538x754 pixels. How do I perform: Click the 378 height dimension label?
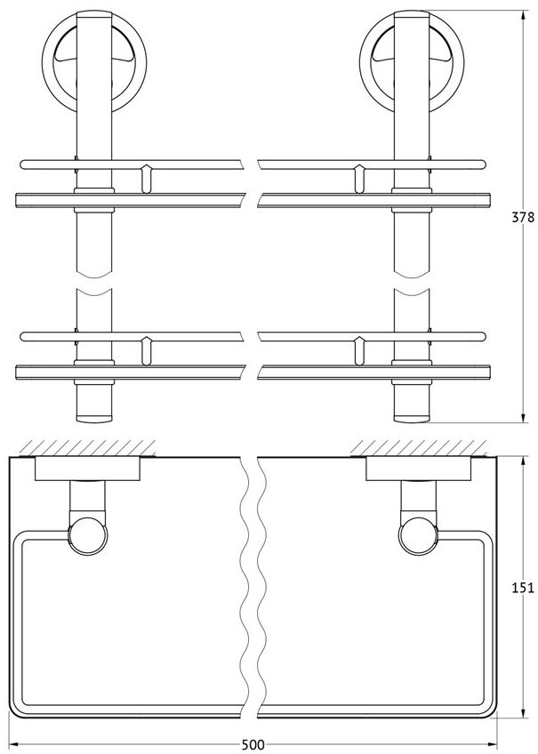point(522,218)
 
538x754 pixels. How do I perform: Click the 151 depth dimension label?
point(522,587)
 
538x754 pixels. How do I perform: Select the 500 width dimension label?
point(253,745)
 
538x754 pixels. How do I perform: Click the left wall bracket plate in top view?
point(87,469)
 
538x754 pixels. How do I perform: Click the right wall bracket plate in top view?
point(419,469)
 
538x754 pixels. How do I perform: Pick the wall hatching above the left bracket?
point(86,448)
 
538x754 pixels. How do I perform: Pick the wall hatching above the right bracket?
point(419,448)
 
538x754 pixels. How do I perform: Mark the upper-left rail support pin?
point(147,179)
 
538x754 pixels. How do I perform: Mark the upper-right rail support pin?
point(358,179)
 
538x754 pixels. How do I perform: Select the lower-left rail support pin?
point(147,351)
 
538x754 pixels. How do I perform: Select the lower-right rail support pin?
point(358,351)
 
